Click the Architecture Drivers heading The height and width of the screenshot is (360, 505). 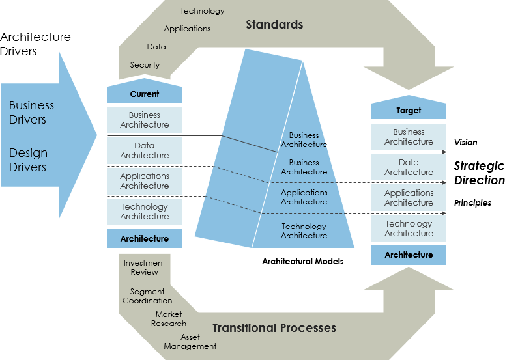pos(36,44)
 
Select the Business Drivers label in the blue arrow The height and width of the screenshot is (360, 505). pos(32,112)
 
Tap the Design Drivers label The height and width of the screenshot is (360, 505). pos(28,159)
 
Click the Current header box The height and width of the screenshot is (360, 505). pos(144,94)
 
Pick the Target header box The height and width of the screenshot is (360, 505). pos(409,111)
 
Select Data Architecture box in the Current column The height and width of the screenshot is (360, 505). pos(144,150)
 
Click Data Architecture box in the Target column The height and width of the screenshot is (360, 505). pos(409,167)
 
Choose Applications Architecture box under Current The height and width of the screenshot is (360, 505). pos(144,181)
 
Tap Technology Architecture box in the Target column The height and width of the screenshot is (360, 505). pos(409,228)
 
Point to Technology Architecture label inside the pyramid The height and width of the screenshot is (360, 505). pos(304,231)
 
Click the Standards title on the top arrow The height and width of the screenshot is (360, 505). pos(274,25)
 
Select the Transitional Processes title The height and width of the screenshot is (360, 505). pos(274,327)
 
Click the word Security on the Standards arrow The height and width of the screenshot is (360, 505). pos(145,65)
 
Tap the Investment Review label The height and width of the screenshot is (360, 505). pos(144,268)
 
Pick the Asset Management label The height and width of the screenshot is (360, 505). pos(190,342)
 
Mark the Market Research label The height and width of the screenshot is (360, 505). pos(169,319)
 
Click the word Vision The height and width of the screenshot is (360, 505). pos(465,142)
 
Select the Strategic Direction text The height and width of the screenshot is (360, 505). pos(479,173)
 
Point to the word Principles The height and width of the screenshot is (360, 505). pos(472,203)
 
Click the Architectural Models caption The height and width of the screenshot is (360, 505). pos(302,261)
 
